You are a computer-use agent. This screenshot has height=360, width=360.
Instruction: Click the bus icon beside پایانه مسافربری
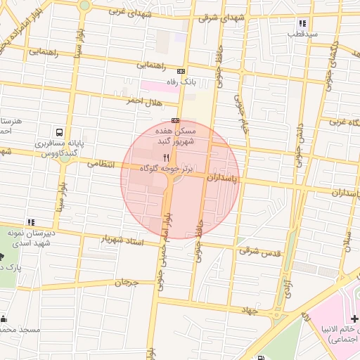(x=59, y=132)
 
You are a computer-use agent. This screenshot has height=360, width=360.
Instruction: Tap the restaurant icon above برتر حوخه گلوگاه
(x=167, y=157)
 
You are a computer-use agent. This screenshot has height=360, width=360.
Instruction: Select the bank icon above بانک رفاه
(x=181, y=71)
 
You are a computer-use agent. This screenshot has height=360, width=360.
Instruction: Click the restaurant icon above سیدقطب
(x=302, y=22)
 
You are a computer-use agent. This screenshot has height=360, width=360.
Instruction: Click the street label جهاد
(x=250, y=309)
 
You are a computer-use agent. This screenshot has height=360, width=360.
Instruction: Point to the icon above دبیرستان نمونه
(x=30, y=222)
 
